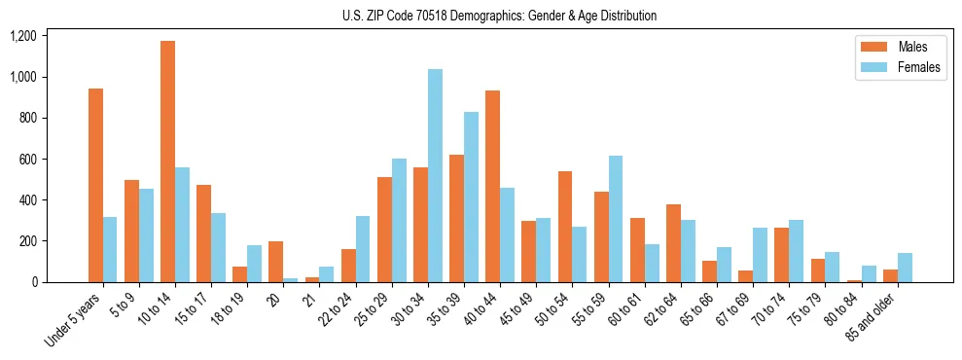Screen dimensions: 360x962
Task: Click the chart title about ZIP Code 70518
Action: (x=499, y=16)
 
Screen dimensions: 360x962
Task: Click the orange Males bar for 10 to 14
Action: (x=167, y=162)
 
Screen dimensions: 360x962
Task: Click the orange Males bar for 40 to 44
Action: (x=492, y=186)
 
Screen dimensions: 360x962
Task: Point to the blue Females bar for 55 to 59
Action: (x=615, y=219)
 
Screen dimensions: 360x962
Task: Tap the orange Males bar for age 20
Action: (x=276, y=262)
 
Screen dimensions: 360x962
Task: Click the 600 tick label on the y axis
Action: (x=27, y=159)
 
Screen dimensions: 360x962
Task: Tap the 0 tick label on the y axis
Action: (x=34, y=282)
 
